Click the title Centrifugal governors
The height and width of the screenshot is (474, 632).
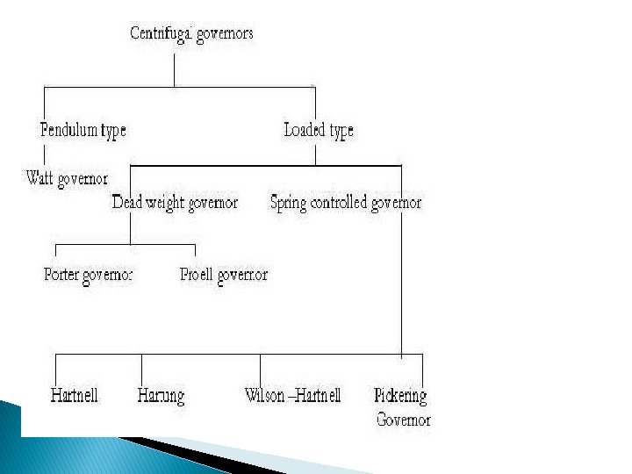192,34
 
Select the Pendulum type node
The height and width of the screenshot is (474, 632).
83,131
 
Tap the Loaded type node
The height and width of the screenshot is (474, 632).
319,131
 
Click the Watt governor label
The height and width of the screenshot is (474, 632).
67,179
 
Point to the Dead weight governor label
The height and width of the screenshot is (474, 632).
175,203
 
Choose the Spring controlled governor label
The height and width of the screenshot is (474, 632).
346,203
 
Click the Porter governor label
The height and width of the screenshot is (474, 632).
88,275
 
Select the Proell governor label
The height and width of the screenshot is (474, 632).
224,275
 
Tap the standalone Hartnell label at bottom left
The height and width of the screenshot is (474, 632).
74,396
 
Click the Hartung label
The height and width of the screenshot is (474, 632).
161,396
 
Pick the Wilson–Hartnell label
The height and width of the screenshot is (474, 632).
292,396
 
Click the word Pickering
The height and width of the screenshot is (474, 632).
400,396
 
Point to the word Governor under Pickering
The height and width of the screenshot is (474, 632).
404,420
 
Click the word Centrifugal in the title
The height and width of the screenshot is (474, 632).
161,34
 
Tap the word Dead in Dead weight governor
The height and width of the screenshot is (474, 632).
127,203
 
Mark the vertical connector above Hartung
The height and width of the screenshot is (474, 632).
141,369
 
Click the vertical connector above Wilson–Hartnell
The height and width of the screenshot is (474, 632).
260,369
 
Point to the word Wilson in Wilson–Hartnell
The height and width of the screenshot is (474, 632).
266,396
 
